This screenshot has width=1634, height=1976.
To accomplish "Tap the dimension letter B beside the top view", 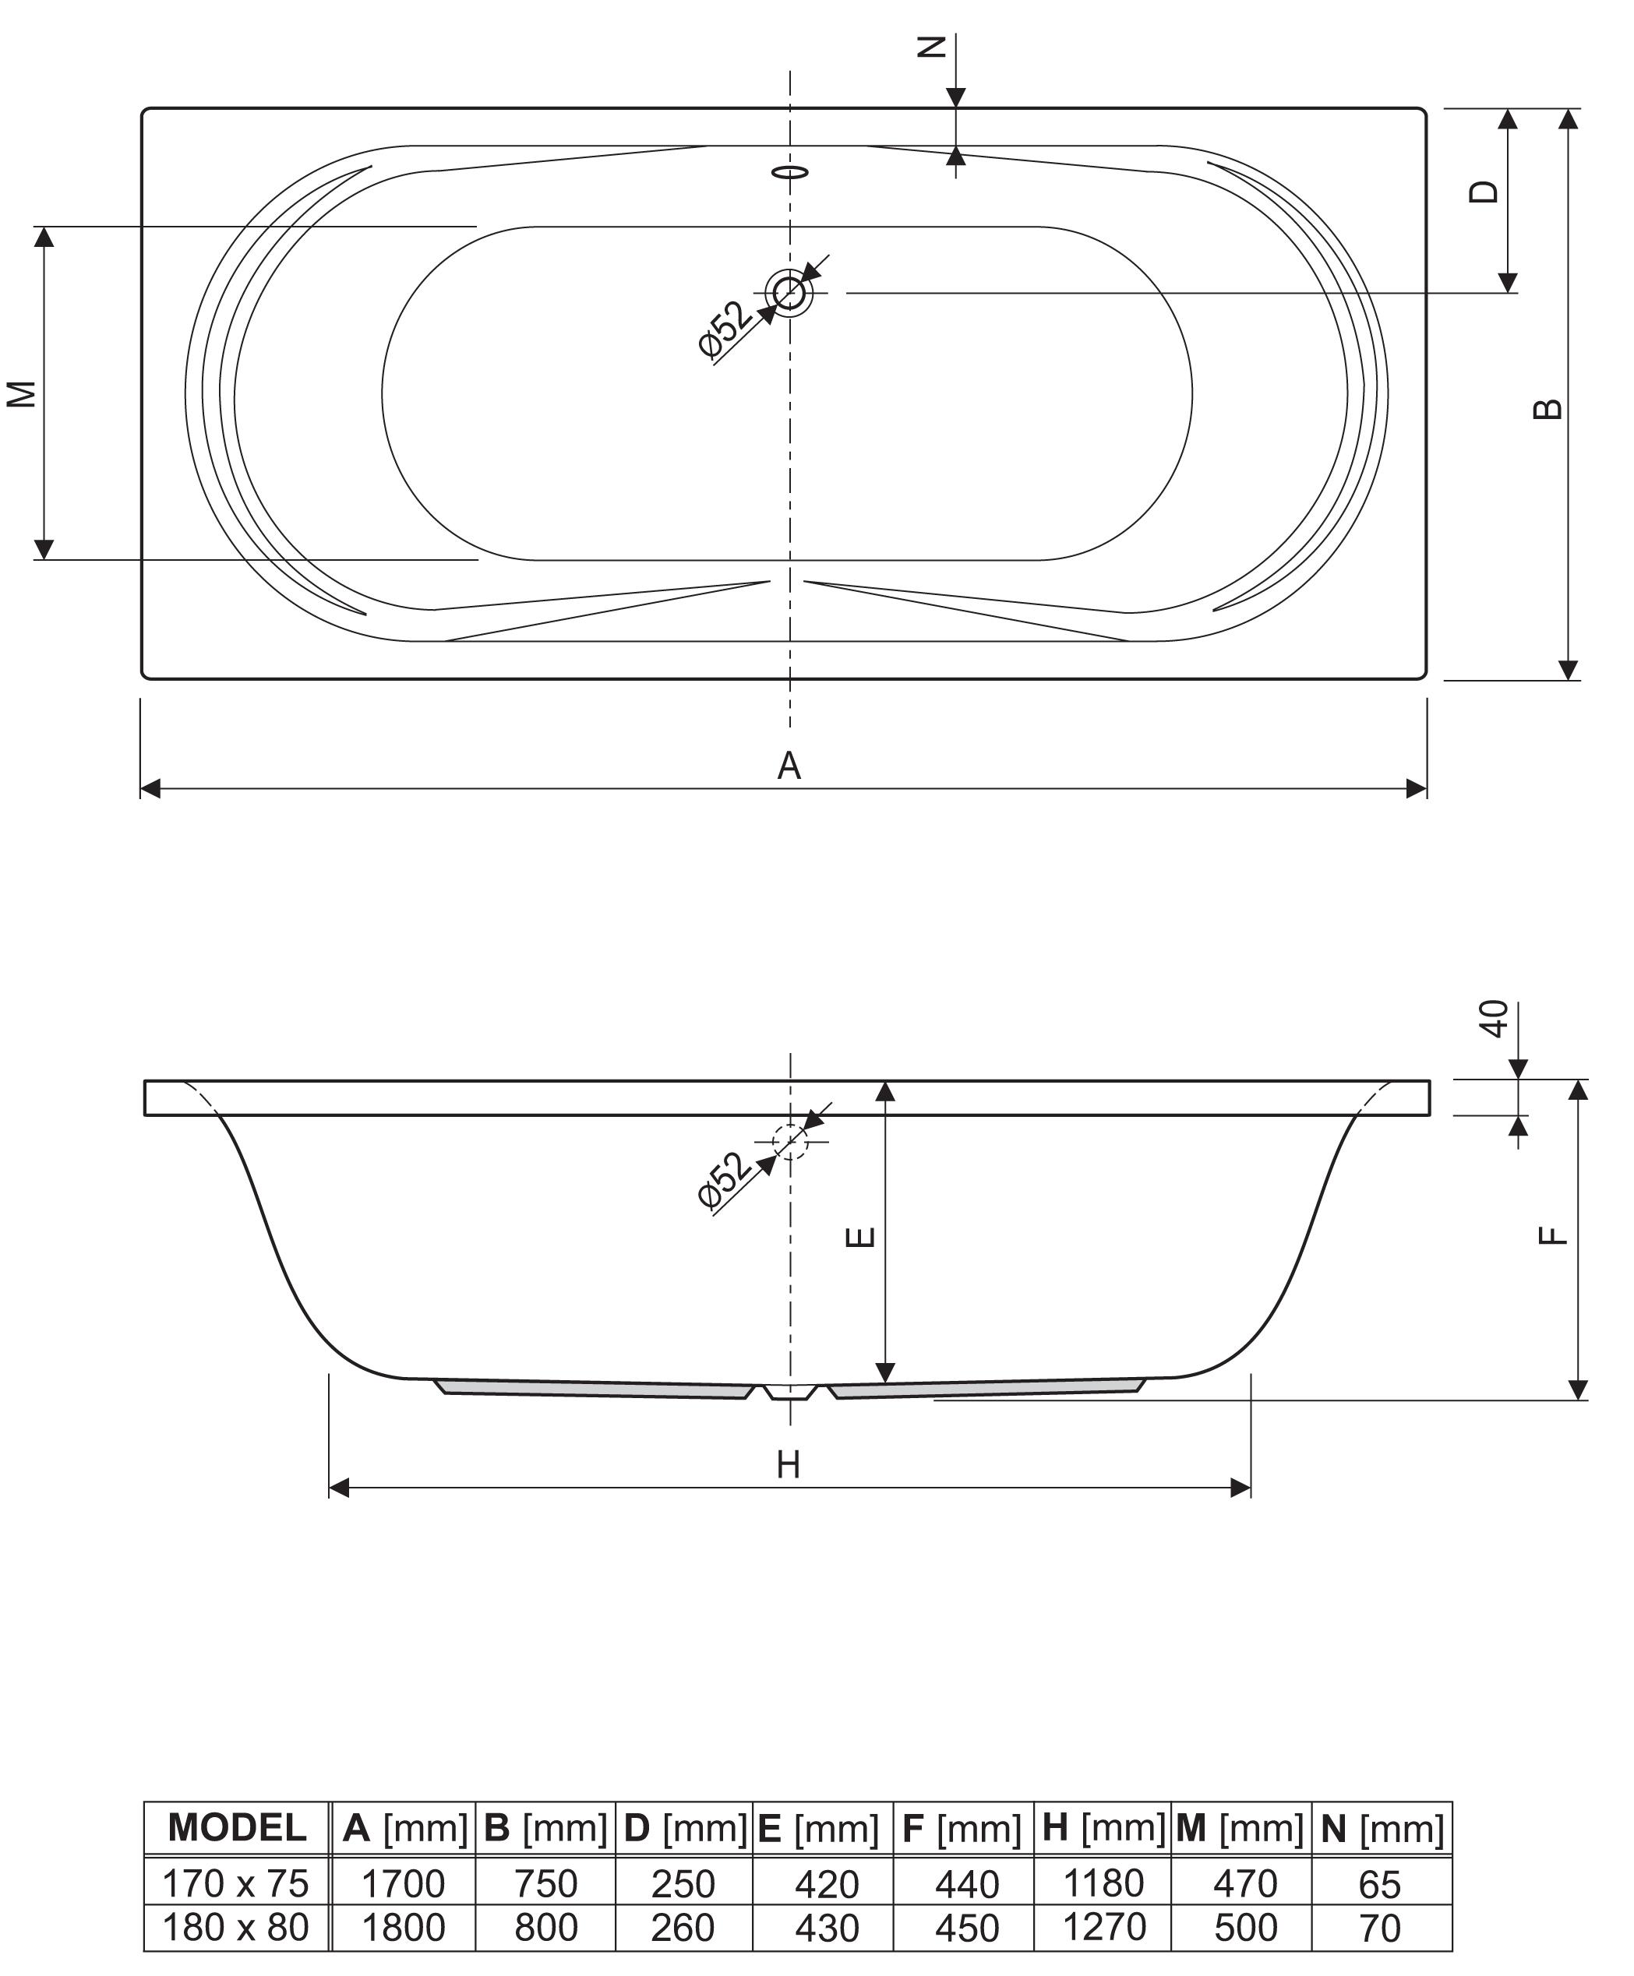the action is click(x=1548, y=410).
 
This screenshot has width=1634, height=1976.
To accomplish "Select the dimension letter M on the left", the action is click(x=22, y=393).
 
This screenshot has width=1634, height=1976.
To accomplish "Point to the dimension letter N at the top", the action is click(x=931, y=47).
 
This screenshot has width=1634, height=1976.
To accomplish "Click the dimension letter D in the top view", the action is click(x=1484, y=191).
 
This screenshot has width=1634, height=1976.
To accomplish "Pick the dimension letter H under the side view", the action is click(x=789, y=1465).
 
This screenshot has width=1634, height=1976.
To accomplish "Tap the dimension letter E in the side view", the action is click(x=861, y=1235).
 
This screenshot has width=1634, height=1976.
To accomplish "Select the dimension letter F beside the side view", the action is click(x=1553, y=1235).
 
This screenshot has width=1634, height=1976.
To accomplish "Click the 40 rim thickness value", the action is click(x=1495, y=1019).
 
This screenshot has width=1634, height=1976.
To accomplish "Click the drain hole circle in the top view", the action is click(x=789, y=293).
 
